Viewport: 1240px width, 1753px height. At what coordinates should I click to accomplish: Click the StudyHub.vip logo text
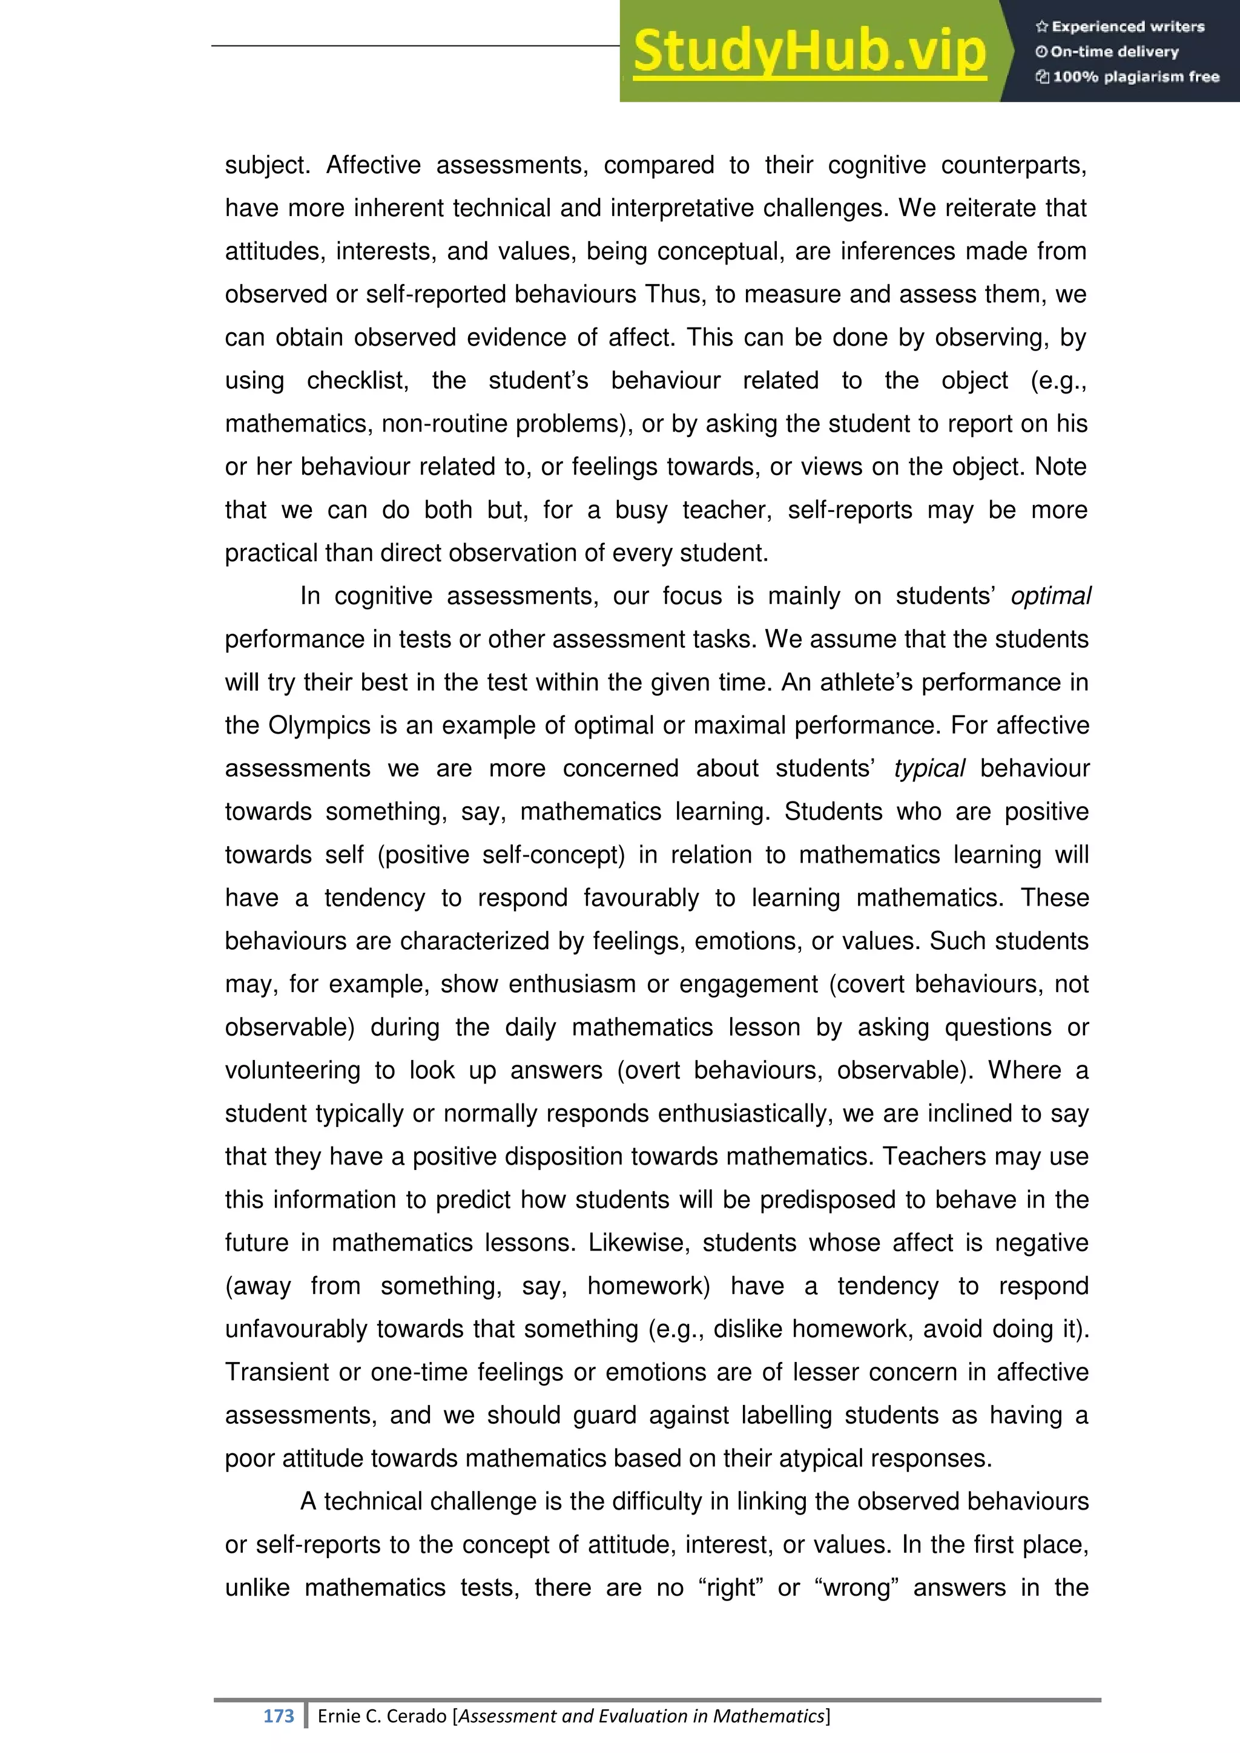point(810,52)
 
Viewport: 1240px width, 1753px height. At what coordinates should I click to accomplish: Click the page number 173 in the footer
point(278,1715)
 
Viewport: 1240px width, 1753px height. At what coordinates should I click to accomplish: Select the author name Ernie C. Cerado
point(382,1715)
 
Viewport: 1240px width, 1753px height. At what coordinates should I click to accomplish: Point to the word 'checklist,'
point(357,381)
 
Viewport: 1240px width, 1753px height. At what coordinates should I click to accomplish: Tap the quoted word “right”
point(730,1587)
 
